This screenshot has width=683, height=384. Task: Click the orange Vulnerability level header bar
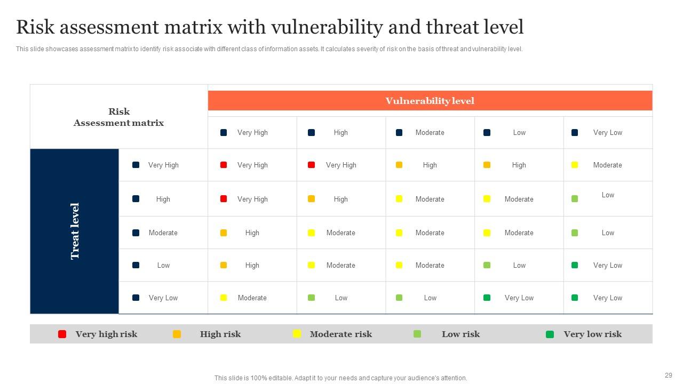pos(430,101)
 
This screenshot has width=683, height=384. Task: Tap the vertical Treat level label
pos(75,231)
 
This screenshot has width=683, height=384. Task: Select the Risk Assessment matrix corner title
pos(118,117)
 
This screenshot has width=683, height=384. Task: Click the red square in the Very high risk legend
pos(62,334)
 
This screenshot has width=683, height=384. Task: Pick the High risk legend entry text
pos(220,334)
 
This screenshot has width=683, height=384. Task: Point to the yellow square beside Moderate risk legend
pos(297,334)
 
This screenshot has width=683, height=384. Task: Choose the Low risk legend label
pos(460,334)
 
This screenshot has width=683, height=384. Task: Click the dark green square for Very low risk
pos(550,334)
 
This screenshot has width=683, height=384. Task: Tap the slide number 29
pos(669,375)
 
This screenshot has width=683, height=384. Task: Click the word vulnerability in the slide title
pos(326,27)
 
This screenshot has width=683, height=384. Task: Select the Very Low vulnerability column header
pos(607,133)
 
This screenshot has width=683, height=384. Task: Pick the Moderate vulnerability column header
pos(430,133)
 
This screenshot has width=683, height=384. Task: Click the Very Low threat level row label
pos(163,298)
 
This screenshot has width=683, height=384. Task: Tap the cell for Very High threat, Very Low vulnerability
pos(607,165)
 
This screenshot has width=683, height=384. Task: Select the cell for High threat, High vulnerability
pos(340,199)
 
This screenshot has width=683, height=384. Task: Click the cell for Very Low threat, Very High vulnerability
pos(252,298)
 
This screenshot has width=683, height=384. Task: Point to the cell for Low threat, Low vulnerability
pos(519,266)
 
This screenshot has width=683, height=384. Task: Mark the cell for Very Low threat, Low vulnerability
pos(519,298)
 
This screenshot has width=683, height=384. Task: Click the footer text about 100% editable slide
pos(340,378)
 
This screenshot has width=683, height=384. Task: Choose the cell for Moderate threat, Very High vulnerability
pos(252,233)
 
